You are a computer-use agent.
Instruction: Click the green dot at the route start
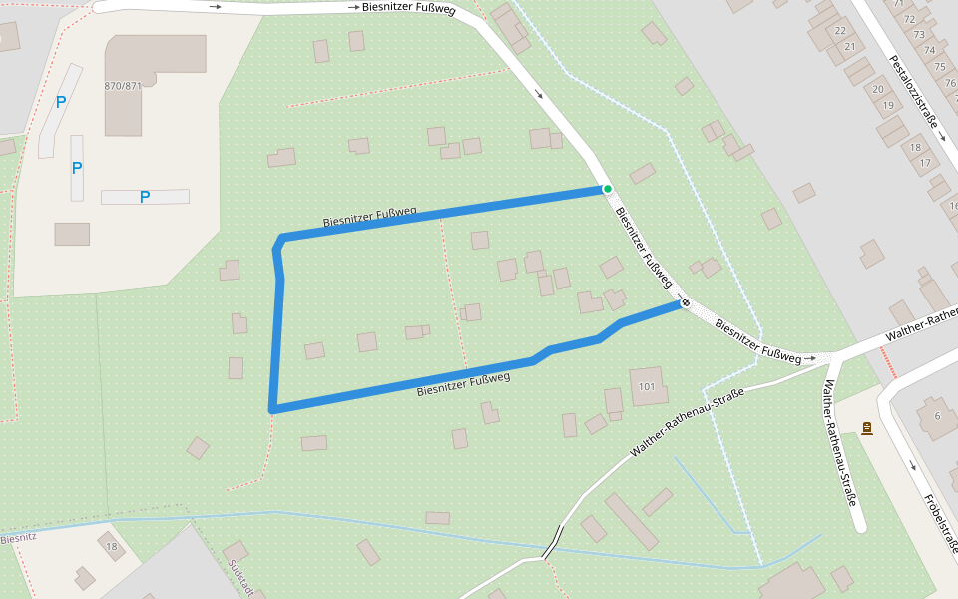coord(607,188)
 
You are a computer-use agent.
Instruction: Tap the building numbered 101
coord(647,386)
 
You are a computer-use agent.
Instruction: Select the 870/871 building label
coord(123,86)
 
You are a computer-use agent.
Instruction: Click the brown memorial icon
coord(867,428)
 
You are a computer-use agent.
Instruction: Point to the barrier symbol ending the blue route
coord(685,302)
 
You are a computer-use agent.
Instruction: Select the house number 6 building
coord(937,416)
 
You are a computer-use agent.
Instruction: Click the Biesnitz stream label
coord(18,538)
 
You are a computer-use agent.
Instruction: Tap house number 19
coord(888,105)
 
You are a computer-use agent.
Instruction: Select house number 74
coord(929,50)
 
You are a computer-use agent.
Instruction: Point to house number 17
coord(925,163)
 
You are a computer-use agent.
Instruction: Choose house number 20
coord(878,89)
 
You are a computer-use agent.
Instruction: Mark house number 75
coord(939,67)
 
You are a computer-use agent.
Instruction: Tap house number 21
coord(850,46)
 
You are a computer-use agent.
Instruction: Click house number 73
coord(919,35)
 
